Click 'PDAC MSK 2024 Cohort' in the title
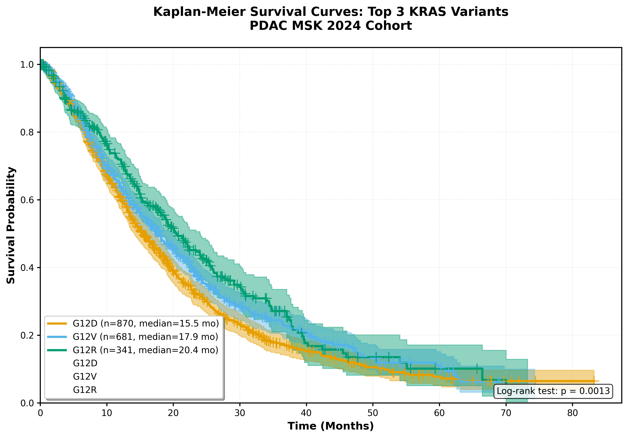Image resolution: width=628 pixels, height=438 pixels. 330,26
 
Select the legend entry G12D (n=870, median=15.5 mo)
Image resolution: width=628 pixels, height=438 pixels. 146,324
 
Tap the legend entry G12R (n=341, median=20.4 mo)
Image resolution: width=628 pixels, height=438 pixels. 145,350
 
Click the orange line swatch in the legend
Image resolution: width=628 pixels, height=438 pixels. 57,324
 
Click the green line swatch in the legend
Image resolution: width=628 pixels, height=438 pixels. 57,350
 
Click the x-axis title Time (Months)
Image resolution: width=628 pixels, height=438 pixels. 330,426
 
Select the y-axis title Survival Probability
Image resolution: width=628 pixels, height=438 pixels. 11,225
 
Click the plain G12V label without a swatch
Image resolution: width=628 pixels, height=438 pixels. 85,377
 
